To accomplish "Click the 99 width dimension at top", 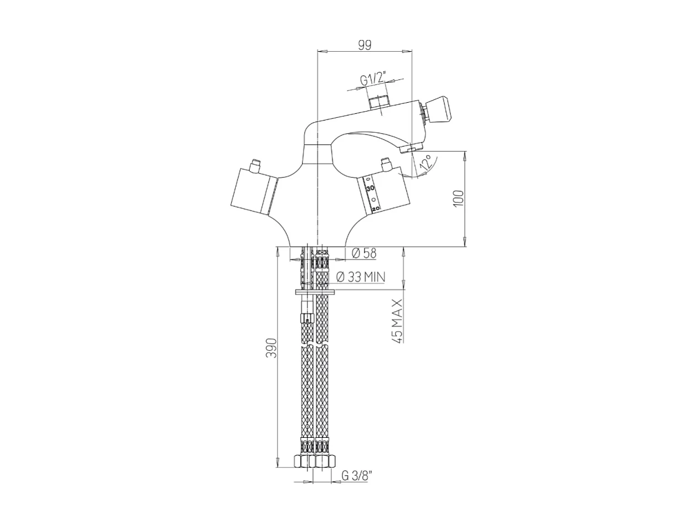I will [x=364, y=45].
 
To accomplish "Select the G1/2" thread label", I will [x=373, y=79].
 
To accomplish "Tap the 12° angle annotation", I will [x=426, y=162].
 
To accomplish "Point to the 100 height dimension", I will [x=458, y=198].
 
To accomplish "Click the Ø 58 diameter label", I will [x=364, y=253].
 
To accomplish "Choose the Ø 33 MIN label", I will [x=361, y=277].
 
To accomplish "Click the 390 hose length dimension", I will [x=271, y=347].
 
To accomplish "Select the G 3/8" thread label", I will [x=357, y=476].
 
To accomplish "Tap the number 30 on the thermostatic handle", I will [x=371, y=189].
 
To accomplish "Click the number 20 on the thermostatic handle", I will [x=376, y=208].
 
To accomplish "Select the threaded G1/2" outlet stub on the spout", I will [x=380, y=103].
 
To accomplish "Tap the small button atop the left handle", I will [x=256, y=165].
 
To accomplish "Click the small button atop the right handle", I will [x=386, y=164].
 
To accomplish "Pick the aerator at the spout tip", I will [x=412, y=148].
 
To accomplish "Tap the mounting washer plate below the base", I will [x=315, y=293].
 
